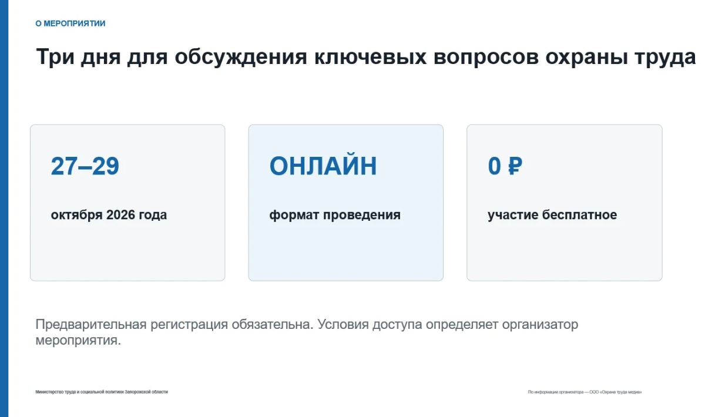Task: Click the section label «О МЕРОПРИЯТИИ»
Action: [x=70, y=23]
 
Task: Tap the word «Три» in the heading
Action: [x=55, y=57]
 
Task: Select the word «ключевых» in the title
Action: [x=371, y=57]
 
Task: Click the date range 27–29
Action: [x=85, y=166]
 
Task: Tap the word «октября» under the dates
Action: [x=77, y=216]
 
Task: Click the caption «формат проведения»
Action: [x=335, y=216]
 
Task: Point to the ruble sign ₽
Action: [x=515, y=166]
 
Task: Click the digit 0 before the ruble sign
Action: [x=495, y=166]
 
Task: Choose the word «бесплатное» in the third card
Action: [x=579, y=215]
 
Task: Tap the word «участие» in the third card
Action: [x=513, y=216]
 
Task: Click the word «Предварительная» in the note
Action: [x=91, y=325]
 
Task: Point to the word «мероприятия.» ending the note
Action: [x=78, y=341]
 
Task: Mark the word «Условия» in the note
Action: [x=343, y=324]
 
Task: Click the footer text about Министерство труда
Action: [x=102, y=392]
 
